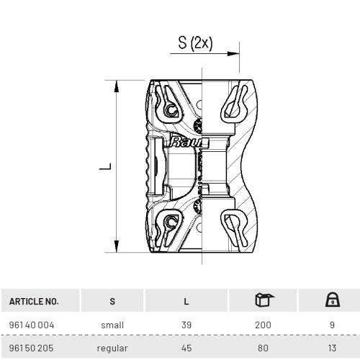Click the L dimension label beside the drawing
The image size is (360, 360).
106,166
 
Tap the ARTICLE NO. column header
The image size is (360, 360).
35,301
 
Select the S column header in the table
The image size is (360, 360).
112,301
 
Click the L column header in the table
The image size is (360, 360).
186,301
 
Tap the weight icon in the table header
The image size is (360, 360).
332,300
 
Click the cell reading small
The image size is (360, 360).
112,325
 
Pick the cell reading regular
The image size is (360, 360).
112,347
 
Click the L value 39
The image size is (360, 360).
186,325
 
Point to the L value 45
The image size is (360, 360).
186,347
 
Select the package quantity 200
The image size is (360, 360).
263,325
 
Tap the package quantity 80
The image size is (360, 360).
263,347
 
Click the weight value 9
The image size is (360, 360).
332,325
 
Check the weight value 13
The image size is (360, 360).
332,347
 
